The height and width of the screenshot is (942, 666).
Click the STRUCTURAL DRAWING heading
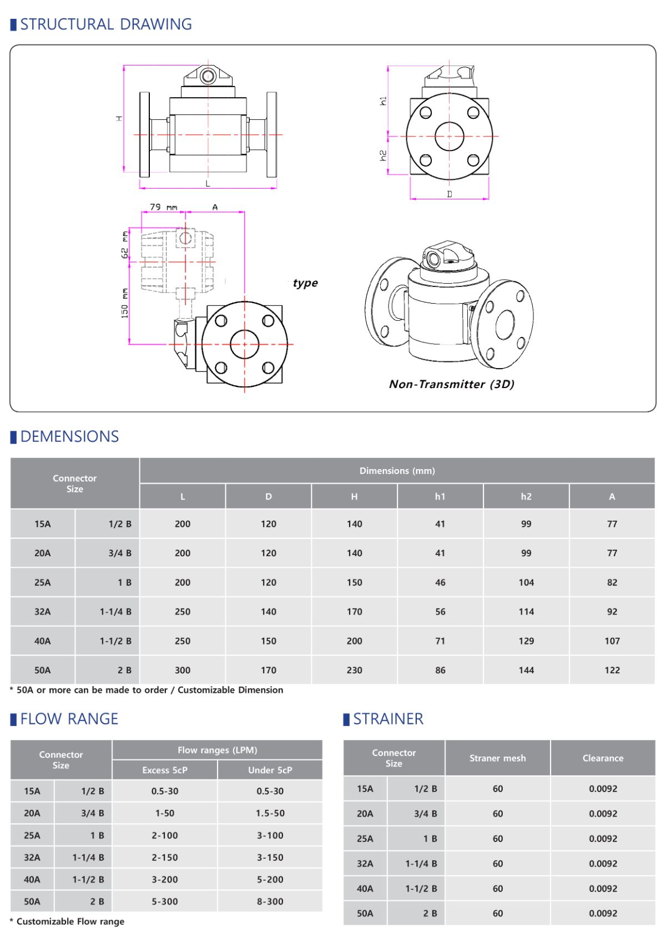tap(105, 24)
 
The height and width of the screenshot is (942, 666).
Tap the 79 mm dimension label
tap(164, 207)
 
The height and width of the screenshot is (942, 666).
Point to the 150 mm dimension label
tap(124, 303)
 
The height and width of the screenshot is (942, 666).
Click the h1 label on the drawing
tap(383, 101)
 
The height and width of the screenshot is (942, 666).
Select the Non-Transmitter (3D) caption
tap(451, 384)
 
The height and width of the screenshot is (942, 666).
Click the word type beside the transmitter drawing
tap(305, 283)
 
